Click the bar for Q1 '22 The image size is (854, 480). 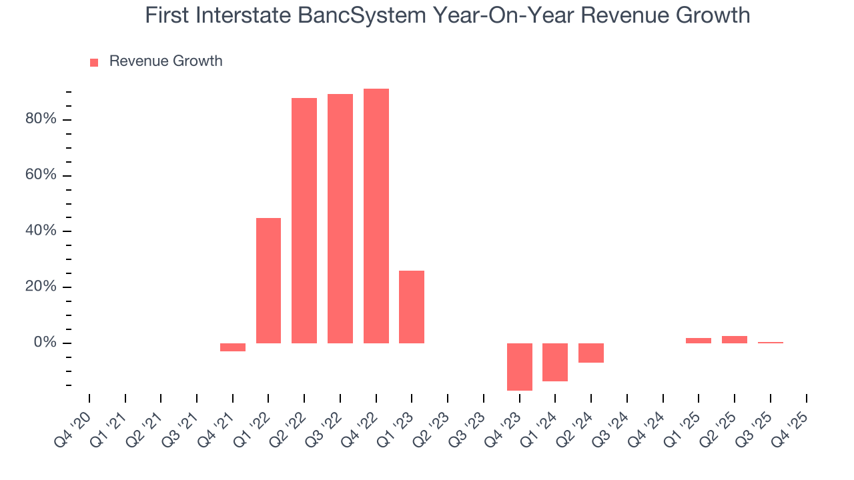coord(268,280)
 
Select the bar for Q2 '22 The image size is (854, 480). coord(304,220)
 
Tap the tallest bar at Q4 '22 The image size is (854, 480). coord(376,215)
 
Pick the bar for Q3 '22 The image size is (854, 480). coord(340,218)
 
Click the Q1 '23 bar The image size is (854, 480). coord(412,307)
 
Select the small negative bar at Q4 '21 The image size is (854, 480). coord(233,347)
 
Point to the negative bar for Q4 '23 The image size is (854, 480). coord(520,367)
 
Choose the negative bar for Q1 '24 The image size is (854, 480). coord(555,362)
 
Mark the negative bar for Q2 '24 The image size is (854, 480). coord(591,353)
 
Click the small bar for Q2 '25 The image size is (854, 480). coord(735,339)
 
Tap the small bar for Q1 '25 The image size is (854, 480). coord(699,341)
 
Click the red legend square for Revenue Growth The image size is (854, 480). coord(94,62)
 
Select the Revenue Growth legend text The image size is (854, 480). coord(165,61)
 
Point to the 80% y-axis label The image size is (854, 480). coord(41,119)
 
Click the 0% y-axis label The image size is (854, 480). coord(45,343)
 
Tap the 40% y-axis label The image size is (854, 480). coord(41,231)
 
